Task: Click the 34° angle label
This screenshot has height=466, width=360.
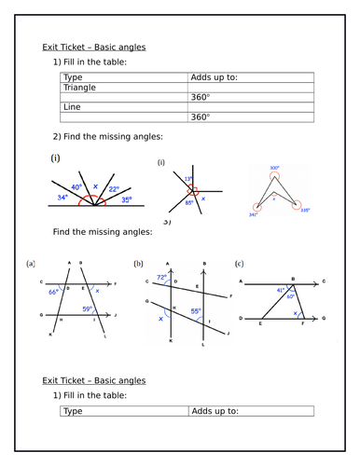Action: coord(61,198)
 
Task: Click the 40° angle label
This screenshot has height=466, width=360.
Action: coord(76,187)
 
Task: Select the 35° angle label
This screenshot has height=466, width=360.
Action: coord(126,199)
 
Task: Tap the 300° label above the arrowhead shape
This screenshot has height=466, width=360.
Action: coord(275,169)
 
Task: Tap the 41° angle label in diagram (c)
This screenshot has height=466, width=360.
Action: coord(279,290)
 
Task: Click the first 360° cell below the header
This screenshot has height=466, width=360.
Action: coord(201,97)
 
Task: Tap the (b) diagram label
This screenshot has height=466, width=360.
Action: coord(138,264)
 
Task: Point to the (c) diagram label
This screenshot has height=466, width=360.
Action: coord(240,264)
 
